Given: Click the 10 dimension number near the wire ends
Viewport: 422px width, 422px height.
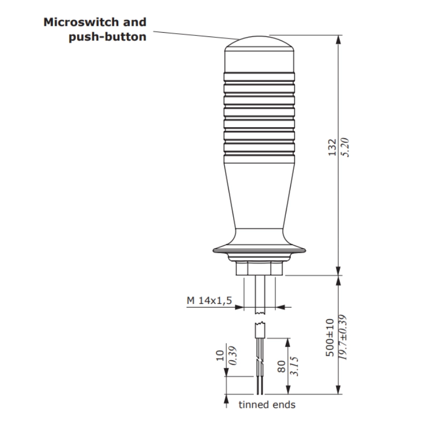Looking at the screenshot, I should pos(220,357).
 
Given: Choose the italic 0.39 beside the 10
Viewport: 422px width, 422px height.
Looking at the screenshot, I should pos(232,357).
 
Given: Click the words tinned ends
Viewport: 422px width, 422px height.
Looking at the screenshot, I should pos(267,405).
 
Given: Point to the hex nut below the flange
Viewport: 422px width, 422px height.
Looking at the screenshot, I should pos(258,268).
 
